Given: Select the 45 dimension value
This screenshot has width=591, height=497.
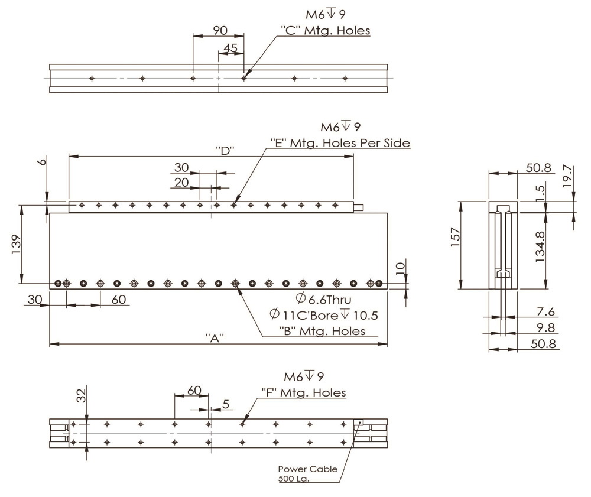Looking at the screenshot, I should tap(230, 47).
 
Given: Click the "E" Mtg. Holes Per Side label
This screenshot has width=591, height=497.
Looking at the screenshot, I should tap(340, 143).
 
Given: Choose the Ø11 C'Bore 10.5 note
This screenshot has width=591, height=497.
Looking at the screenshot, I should tap(323, 315).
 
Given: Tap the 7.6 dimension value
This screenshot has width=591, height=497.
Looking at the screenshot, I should tap(545, 311).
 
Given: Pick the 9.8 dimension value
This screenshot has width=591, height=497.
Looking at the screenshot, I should tap(545, 327).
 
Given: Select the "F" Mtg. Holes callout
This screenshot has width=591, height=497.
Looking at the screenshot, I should tap(303, 392).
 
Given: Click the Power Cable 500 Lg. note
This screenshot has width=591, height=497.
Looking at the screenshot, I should tap(307, 473).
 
